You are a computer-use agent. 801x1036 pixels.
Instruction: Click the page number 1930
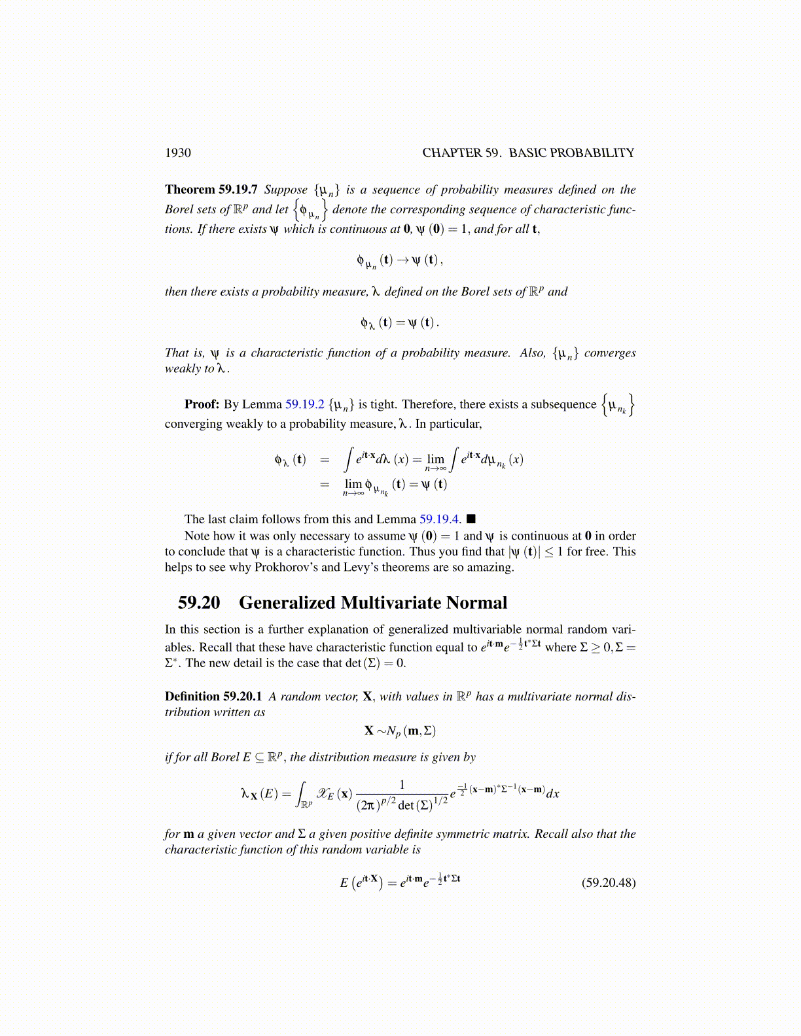[x=178, y=153]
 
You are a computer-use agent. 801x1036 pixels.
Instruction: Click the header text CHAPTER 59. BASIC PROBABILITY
[x=528, y=153]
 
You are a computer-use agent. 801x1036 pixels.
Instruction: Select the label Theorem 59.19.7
[x=211, y=190]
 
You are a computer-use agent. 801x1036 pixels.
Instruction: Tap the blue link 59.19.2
[x=305, y=405]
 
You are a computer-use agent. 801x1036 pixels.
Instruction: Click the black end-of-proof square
[x=471, y=519]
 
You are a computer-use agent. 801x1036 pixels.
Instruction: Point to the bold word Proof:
[x=202, y=405]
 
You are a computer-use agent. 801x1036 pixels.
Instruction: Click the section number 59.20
[x=199, y=603]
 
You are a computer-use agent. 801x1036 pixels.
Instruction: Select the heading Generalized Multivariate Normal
[x=373, y=603]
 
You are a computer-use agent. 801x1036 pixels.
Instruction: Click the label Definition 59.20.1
[x=213, y=697]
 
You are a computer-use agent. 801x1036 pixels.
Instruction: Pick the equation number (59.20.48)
[x=609, y=883]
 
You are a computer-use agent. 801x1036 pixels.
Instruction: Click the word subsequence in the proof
[x=563, y=405]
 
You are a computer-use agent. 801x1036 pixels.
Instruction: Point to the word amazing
[x=491, y=567]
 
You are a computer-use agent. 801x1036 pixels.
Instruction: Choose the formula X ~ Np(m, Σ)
[x=400, y=731]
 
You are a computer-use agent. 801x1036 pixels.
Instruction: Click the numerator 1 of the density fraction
[x=402, y=784]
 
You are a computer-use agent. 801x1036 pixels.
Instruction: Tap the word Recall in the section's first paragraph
[x=215, y=647]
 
